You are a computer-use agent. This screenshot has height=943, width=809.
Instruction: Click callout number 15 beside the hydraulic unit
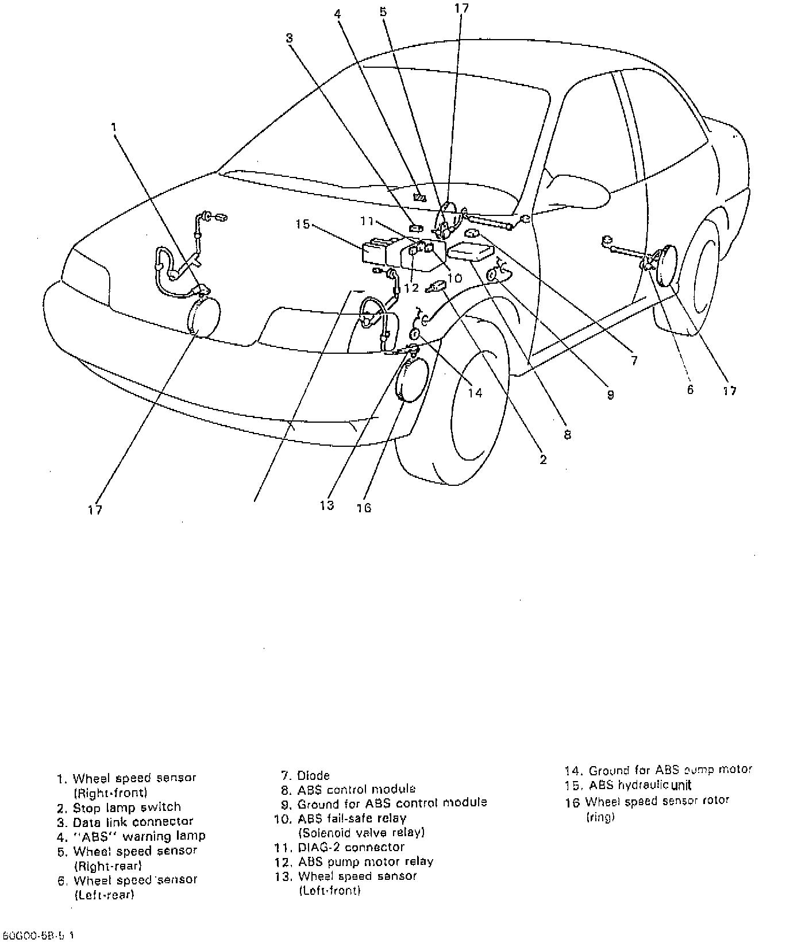[303, 224]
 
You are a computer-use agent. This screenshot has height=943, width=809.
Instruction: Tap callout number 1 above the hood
[114, 127]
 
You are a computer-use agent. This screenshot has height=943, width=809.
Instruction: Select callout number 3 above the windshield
[289, 38]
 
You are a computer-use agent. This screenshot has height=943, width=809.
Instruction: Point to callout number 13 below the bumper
[327, 505]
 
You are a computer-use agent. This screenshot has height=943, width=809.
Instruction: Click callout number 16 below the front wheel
[364, 508]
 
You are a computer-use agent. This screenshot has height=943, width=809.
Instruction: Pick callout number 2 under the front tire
[543, 459]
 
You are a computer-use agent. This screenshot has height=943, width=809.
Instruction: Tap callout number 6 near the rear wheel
[690, 390]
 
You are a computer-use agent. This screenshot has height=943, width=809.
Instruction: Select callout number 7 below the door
[634, 361]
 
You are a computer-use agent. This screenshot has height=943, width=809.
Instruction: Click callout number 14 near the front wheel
[475, 393]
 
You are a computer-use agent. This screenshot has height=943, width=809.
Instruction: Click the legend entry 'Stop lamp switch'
[126, 807]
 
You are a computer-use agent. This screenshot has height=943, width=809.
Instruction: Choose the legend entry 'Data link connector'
[133, 822]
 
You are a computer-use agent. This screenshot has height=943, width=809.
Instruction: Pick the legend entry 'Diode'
[313, 776]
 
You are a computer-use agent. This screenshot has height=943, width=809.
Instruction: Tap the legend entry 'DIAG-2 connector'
[350, 847]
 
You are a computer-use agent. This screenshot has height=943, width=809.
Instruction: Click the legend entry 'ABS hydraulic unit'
[640, 785]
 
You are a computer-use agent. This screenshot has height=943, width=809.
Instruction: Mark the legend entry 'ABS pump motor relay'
[365, 861]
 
